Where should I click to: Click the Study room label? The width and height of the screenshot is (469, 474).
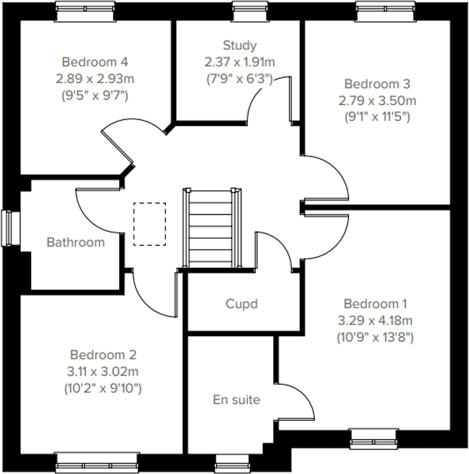[239, 46]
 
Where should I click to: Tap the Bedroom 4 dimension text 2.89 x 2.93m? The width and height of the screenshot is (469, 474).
[95, 79]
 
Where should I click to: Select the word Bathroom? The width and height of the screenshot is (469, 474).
[76, 242]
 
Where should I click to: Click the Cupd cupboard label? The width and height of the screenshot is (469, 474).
[242, 304]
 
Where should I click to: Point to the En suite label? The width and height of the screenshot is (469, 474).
[237, 400]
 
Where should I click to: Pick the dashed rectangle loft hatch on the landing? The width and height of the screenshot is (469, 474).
[149, 224]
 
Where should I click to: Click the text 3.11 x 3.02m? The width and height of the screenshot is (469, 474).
[103, 372]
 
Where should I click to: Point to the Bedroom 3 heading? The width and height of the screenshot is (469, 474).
[377, 84]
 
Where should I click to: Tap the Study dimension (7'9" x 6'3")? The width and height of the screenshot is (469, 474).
[239, 79]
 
